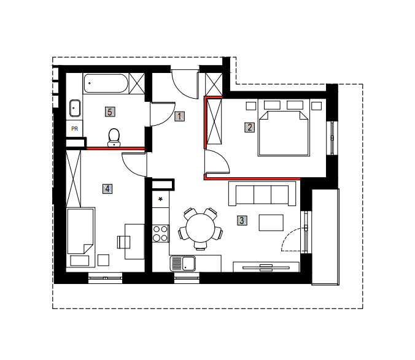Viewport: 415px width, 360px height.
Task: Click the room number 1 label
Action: [179, 117]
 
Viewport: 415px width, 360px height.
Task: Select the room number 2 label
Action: [249, 127]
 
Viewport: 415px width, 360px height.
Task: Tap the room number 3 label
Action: [242, 220]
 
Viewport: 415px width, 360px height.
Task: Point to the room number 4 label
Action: [107, 189]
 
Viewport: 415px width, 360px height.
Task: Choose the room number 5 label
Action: [110, 112]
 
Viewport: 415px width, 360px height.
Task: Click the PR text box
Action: [75, 128]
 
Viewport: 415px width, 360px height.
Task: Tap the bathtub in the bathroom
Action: [106, 83]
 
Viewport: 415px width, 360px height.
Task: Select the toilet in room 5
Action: [114, 137]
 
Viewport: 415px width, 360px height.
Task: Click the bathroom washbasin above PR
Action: [75, 108]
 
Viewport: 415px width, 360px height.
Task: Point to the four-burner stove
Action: [160, 234]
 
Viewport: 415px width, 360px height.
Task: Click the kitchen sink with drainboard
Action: [182, 264]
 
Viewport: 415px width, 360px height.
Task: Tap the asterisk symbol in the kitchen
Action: [160, 199]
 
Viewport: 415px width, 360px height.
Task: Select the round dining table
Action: [200, 228]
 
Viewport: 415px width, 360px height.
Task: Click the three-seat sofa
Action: [262, 193]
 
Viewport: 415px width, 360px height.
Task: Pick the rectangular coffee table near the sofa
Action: [271, 223]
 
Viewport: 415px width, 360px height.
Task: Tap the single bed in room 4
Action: [80, 237]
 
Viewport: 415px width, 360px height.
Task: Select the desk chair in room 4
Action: [123, 242]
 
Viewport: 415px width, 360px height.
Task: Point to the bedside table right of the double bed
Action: [316, 106]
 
